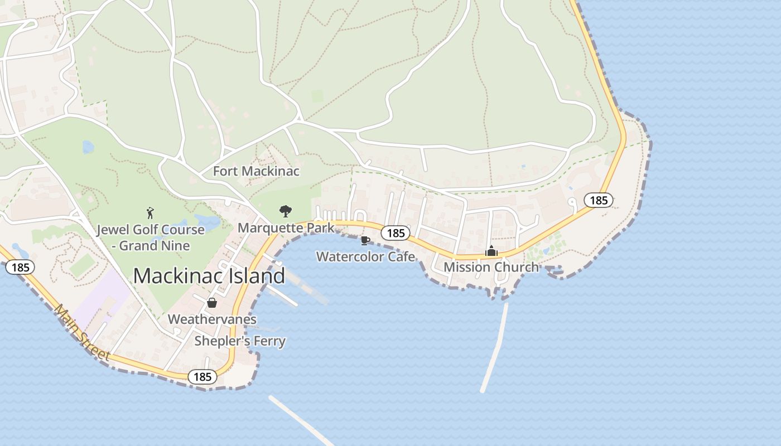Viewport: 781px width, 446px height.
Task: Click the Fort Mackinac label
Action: click(256, 171)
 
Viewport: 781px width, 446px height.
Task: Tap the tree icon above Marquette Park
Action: click(286, 211)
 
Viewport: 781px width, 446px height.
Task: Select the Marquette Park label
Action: click(286, 227)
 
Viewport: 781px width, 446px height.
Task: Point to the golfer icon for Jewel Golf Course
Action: click(150, 212)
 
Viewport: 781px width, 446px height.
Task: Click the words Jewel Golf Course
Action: click(150, 230)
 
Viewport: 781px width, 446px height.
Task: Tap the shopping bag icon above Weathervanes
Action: click(212, 303)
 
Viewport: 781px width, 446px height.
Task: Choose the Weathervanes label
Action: click(212, 319)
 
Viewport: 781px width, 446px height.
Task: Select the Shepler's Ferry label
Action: click(240, 341)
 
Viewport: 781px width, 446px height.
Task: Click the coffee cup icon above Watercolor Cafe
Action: click(365, 240)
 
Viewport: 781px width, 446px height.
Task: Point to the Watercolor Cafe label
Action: click(365, 256)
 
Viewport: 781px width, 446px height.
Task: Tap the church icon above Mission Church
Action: click(491, 251)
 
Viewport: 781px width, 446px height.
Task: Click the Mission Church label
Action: click(491, 267)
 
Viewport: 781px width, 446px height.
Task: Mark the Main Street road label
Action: click(81, 333)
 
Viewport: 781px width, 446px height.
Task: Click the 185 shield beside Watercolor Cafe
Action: click(396, 232)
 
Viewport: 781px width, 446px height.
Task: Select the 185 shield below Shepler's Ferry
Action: click(202, 377)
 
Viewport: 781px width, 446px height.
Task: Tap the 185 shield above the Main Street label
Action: click(20, 267)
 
